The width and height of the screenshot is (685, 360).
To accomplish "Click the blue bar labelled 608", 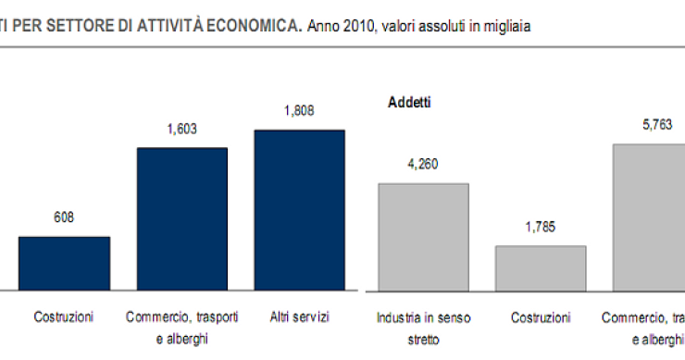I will (65, 264).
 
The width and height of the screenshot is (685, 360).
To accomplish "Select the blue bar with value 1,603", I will (182, 219).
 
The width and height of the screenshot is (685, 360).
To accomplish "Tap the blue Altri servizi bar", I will (299, 210).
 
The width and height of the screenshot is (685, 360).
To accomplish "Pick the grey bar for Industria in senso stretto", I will (424, 237).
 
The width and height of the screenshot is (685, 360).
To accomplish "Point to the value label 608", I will (64, 218).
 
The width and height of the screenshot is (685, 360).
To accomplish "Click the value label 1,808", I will (299, 111).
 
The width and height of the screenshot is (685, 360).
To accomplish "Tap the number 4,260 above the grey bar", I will (423, 165).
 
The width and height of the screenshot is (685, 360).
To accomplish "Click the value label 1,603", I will (182, 130).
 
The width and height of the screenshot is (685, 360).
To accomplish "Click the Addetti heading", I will (408, 102).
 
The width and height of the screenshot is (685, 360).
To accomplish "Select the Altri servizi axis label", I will (299, 317).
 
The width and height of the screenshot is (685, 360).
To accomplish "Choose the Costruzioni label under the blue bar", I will (64, 317).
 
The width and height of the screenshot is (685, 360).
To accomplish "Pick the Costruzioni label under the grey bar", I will (542, 317).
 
